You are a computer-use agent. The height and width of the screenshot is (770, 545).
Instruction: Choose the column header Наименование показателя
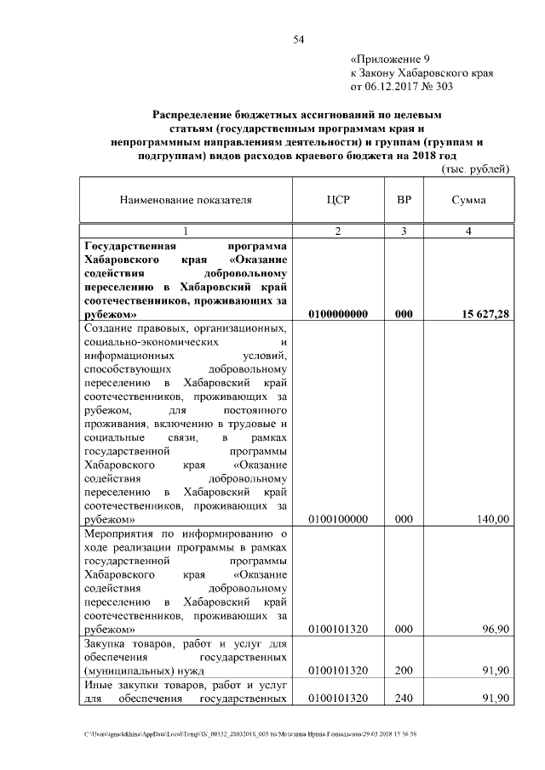[x=186, y=200]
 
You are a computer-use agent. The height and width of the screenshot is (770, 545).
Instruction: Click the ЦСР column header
[x=338, y=200]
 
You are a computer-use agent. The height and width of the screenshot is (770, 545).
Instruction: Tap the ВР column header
[x=404, y=200]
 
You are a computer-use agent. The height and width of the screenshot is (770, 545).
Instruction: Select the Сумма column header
[x=468, y=200]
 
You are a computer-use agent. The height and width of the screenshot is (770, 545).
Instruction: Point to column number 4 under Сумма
[x=468, y=231]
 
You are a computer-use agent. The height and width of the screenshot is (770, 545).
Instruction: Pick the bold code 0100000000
[x=338, y=314]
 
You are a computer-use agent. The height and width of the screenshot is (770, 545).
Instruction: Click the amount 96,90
[x=494, y=629]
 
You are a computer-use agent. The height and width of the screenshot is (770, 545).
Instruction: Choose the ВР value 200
[x=404, y=670]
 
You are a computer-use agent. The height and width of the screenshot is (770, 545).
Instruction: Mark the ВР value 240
[x=404, y=699]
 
